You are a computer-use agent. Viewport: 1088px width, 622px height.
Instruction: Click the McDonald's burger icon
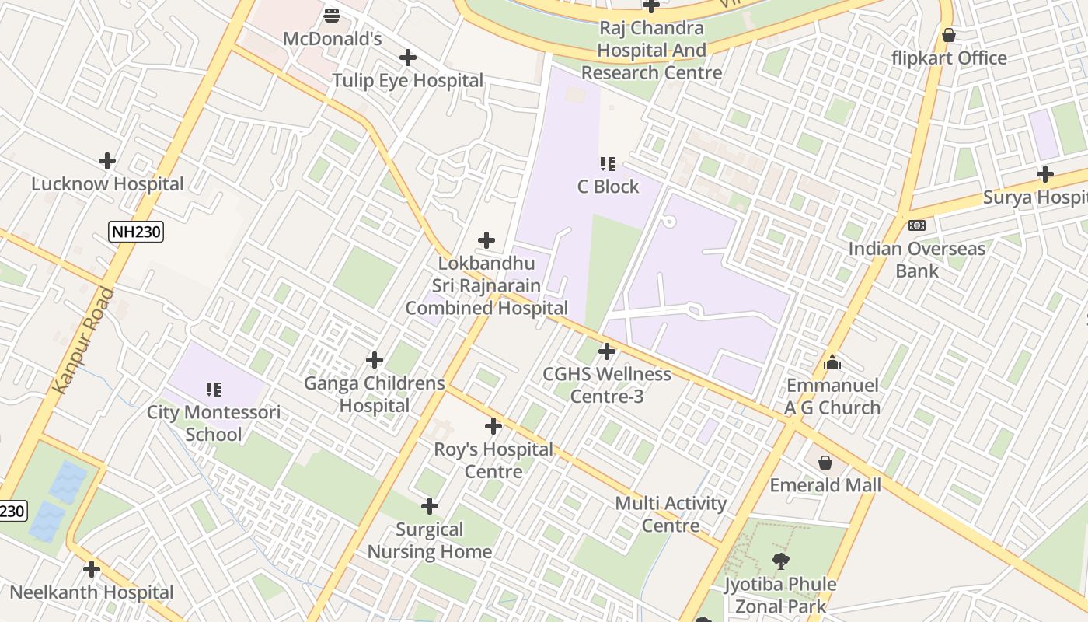tap(332, 15)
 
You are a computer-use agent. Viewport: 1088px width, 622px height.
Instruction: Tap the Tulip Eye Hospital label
tap(408, 81)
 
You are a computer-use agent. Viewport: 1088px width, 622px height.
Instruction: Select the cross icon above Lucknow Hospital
tap(107, 161)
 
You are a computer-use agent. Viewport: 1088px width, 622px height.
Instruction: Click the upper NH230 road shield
tap(136, 232)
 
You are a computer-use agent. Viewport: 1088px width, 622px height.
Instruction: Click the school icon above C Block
tap(608, 163)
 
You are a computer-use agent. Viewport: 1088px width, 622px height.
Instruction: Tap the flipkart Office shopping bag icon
tap(948, 35)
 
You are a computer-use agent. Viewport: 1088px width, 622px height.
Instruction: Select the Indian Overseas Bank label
tap(917, 260)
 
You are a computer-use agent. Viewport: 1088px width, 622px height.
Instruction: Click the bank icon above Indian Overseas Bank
tap(917, 225)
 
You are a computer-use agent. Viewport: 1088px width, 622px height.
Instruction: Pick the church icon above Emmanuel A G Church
tap(832, 362)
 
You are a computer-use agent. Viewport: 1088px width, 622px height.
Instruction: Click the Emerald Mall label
tap(825, 486)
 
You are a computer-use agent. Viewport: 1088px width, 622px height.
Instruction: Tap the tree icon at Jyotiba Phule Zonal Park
tap(780, 561)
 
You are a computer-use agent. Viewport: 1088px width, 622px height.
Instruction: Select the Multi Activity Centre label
tap(671, 515)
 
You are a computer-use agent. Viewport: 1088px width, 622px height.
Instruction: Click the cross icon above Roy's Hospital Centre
tap(493, 426)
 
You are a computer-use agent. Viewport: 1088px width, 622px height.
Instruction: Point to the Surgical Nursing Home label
tap(430, 540)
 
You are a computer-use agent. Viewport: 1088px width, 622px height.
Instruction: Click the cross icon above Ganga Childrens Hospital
tap(375, 360)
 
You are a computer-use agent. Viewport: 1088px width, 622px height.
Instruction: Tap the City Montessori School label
tap(214, 423)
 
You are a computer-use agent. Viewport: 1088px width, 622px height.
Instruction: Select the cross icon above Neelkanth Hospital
tap(92, 569)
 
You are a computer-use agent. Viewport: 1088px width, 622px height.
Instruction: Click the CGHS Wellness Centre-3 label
tap(607, 385)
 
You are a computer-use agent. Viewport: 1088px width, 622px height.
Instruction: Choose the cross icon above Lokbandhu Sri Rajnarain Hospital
tap(486, 240)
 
